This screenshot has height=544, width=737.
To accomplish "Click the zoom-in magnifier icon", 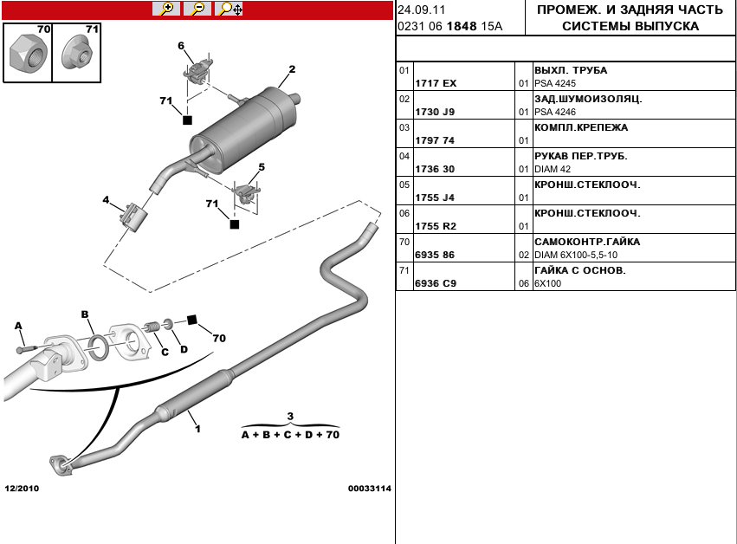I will click(x=165, y=10).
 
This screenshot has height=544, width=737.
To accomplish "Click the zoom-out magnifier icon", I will click(x=197, y=10).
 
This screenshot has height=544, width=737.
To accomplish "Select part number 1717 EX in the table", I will click(x=436, y=83).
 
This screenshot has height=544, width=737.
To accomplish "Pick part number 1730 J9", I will click(x=436, y=112).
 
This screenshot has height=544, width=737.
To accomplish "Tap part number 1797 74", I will click(x=436, y=140).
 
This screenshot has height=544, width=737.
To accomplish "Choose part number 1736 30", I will click(x=436, y=169).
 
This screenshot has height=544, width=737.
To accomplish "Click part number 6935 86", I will click(x=436, y=256).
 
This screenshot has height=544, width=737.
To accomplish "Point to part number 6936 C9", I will click(x=436, y=283).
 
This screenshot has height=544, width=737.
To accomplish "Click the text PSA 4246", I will click(x=554, y=112).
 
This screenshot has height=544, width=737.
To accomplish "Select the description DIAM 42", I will click(x=553, y=169).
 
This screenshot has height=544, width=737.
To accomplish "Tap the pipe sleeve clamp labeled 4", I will click(x=134, y=216).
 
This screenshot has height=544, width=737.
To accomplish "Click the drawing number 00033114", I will click(x=370, y=489).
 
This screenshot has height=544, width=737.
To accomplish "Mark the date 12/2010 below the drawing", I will click(x=22, y=489).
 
